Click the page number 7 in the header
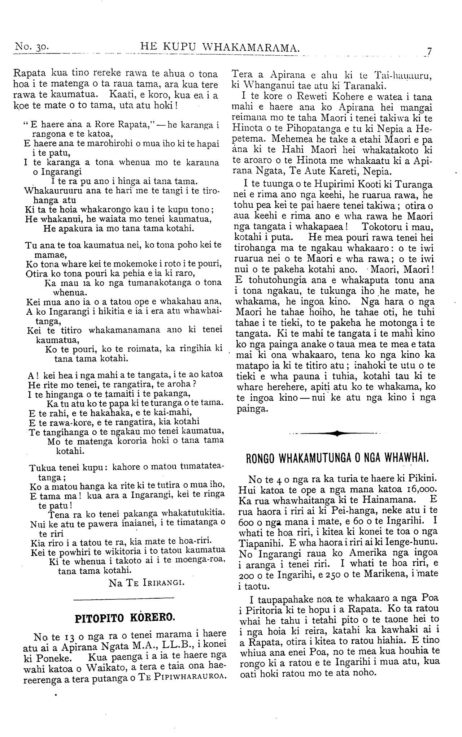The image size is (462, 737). tap(429, 51)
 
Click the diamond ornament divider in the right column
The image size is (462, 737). tap(335, 433)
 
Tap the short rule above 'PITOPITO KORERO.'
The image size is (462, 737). tap(125, 600)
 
